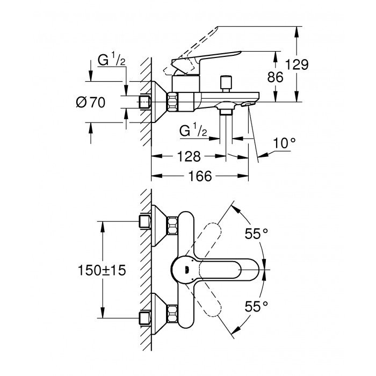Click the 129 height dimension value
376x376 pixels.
[x=297, y=66]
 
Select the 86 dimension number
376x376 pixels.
[x=276, y=77]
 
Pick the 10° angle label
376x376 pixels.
[x=284, y=143]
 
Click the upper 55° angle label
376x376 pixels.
[x=257, y=234]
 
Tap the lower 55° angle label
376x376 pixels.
[x=257, y=307]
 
